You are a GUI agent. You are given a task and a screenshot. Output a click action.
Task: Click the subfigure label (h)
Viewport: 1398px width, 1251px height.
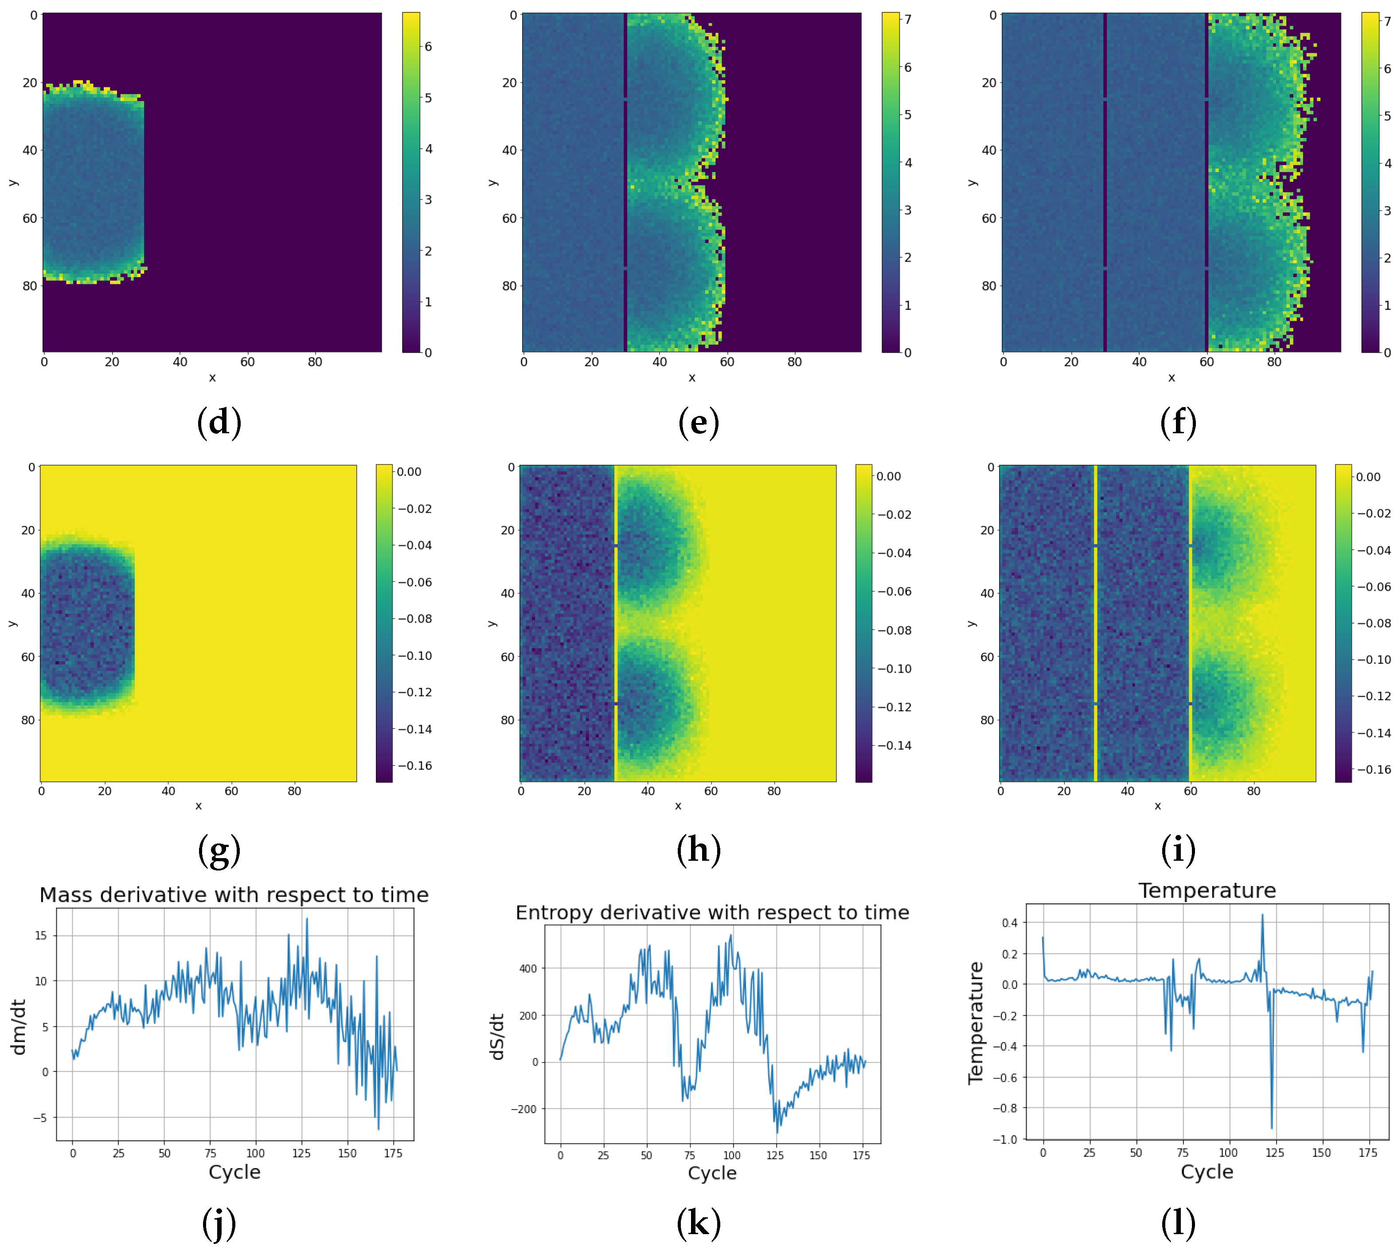click(698, 850)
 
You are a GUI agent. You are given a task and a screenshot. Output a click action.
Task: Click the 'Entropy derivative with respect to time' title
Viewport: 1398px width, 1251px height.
click(712, 913)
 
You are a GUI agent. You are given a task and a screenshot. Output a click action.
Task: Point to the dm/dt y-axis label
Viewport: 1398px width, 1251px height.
click(19, 1027)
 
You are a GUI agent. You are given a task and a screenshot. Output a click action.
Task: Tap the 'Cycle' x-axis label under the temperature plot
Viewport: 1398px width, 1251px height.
click(1207, 1172)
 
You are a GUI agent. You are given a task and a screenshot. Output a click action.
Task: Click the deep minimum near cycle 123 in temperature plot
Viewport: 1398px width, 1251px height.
click(1271, 1128)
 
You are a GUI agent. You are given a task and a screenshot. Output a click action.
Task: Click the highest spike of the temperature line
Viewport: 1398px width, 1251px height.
click(1262, 915)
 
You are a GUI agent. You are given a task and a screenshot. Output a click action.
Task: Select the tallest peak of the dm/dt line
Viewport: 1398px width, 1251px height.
click(306, 919)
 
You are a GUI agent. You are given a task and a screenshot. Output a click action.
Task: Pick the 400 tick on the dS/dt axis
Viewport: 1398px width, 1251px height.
click(527, 969)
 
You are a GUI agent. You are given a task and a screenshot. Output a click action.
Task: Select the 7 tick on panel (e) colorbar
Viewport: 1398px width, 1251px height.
click(907, 20)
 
